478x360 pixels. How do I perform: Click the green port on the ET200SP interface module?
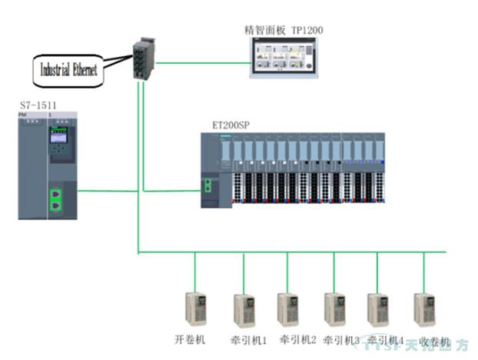point(207,185)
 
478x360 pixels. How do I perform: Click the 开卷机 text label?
point(190,339)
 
